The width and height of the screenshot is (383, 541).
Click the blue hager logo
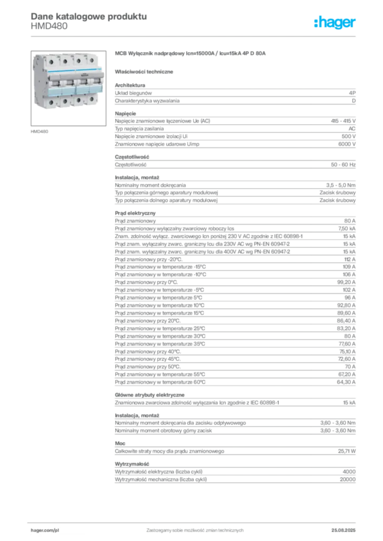click(x=336, y=23)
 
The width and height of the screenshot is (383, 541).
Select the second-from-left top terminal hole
click(x=65, y=61)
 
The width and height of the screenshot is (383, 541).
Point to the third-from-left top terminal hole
click(x=78, y=61)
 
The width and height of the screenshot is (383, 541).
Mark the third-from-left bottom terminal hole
click(x=79, y=99)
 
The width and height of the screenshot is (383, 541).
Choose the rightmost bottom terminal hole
click(x=91, y=98)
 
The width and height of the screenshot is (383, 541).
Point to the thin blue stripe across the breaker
click(x=73, y=71)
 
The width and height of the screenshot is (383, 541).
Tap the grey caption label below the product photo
click(x=40, y=130)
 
